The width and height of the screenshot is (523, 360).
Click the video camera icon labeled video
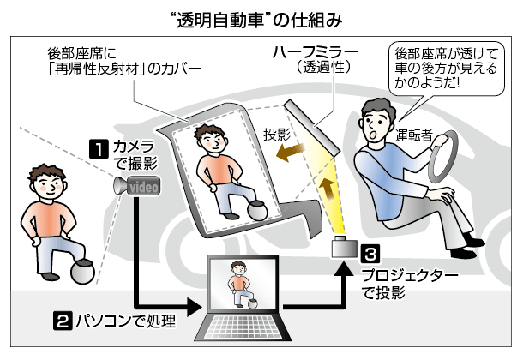(x=138, y=186)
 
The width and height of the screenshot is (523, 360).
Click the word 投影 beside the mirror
(x=277, y=133)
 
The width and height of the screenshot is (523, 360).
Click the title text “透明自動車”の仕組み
(x=261, y=17)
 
